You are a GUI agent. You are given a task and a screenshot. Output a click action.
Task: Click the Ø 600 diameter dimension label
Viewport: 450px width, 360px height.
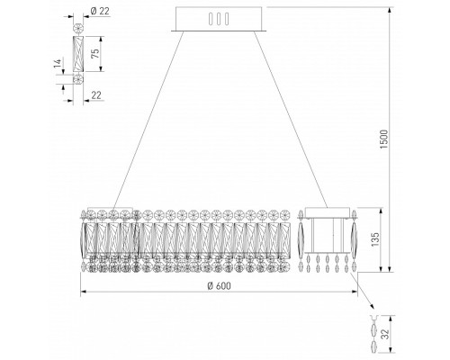click(220, 286)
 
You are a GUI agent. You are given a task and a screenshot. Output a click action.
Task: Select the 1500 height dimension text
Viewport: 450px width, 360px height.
click(384, 139)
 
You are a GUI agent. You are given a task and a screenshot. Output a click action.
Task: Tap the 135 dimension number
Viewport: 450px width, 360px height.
click(375, 239)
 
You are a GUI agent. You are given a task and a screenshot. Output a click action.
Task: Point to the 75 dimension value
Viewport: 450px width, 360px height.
click(94, 53)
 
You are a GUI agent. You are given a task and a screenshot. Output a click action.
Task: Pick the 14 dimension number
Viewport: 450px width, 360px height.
click(58, 63)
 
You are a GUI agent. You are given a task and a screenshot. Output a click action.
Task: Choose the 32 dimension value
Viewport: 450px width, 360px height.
click(385, 334)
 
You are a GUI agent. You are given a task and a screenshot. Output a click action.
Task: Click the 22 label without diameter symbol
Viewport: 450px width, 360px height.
click(96, 95)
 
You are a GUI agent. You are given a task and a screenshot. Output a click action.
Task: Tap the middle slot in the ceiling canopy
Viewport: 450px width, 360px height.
click(219, 19)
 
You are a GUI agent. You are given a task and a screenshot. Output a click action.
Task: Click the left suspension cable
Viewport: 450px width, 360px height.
click(148, 119)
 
